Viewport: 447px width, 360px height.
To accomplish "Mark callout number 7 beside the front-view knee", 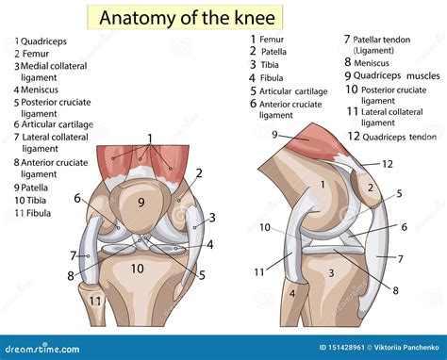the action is [x=73, y=255].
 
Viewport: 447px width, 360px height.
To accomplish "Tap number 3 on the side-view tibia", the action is [x=332, y=272].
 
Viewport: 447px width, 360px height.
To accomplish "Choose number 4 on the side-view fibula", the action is [x=292, y=293].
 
